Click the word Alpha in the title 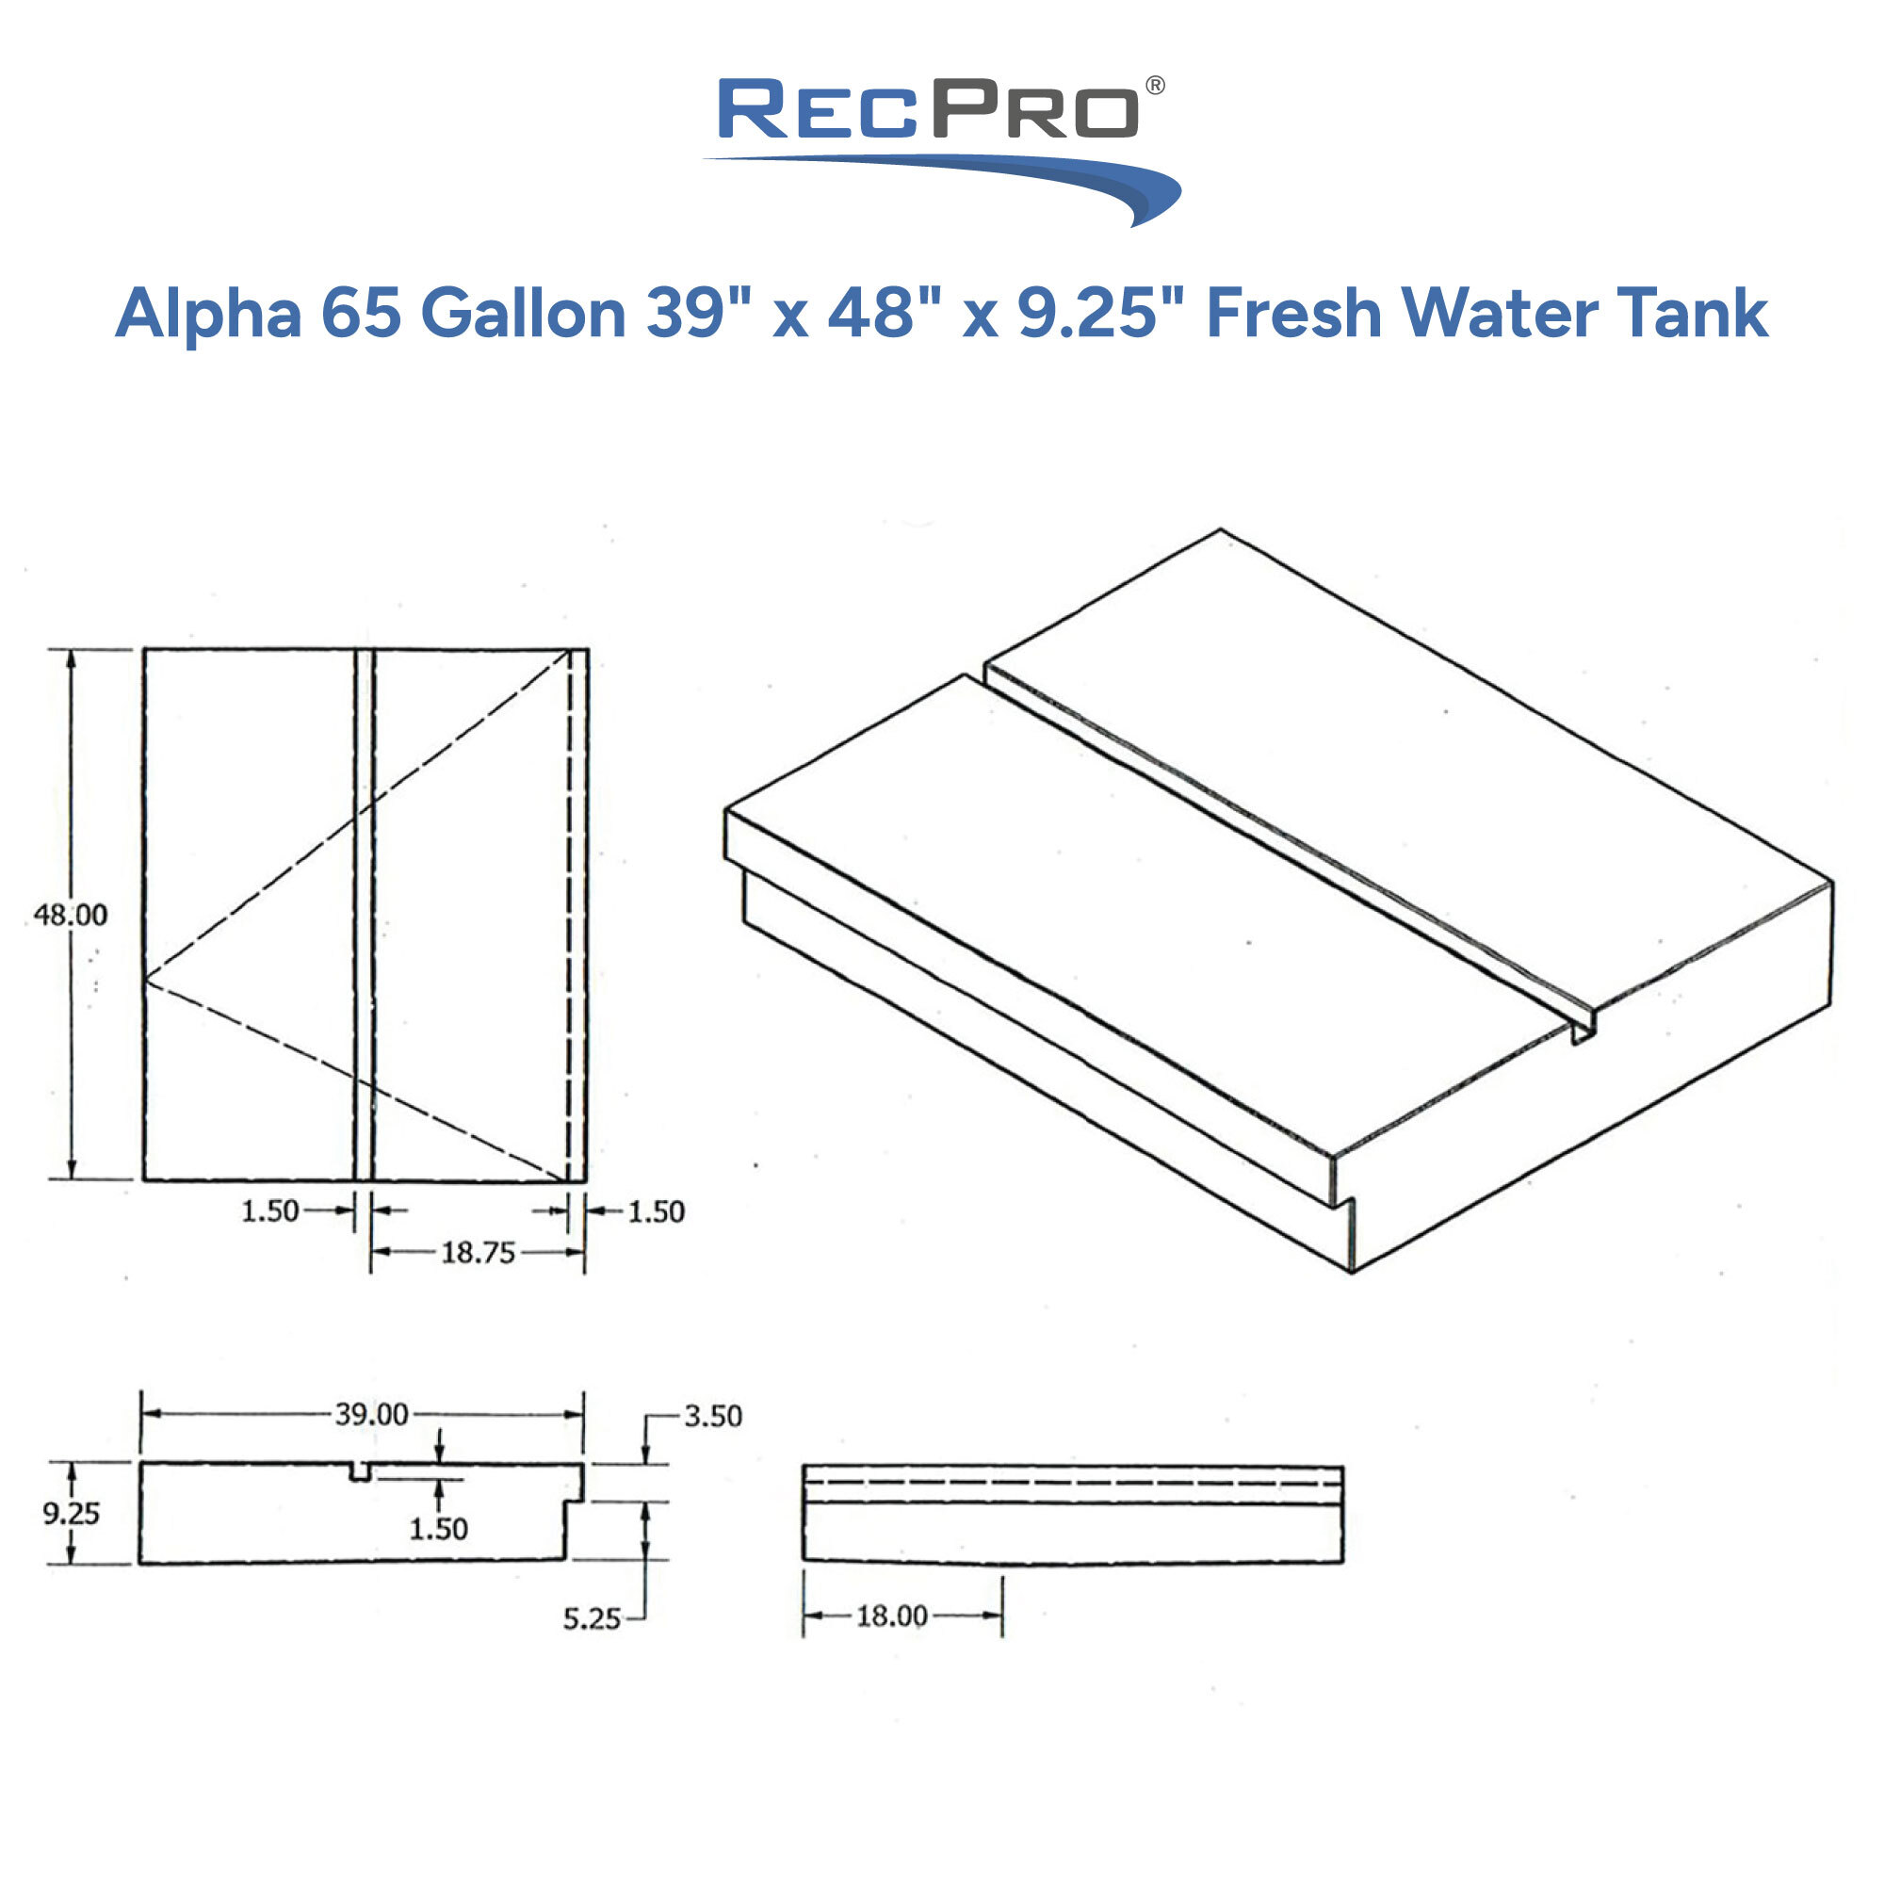[x=207, y=314]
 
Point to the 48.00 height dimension [x=71, y=915]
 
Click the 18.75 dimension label [x=477, y=1252]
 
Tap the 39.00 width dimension [x=371, y=1414]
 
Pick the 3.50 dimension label [x=712, y=1416]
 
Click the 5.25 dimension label [x=591, y=1618]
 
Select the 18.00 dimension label [x=891, y=1616]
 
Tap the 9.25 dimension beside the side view [x=71, y=1514]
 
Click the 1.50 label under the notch [x=438, y=1528]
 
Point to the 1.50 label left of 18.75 [x=269, y=1211]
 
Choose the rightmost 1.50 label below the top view [x=656, y=1212]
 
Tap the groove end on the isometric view [x=1584, y=1031]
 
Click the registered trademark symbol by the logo [x=1155, y=86]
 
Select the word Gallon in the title [x=523, y=314]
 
